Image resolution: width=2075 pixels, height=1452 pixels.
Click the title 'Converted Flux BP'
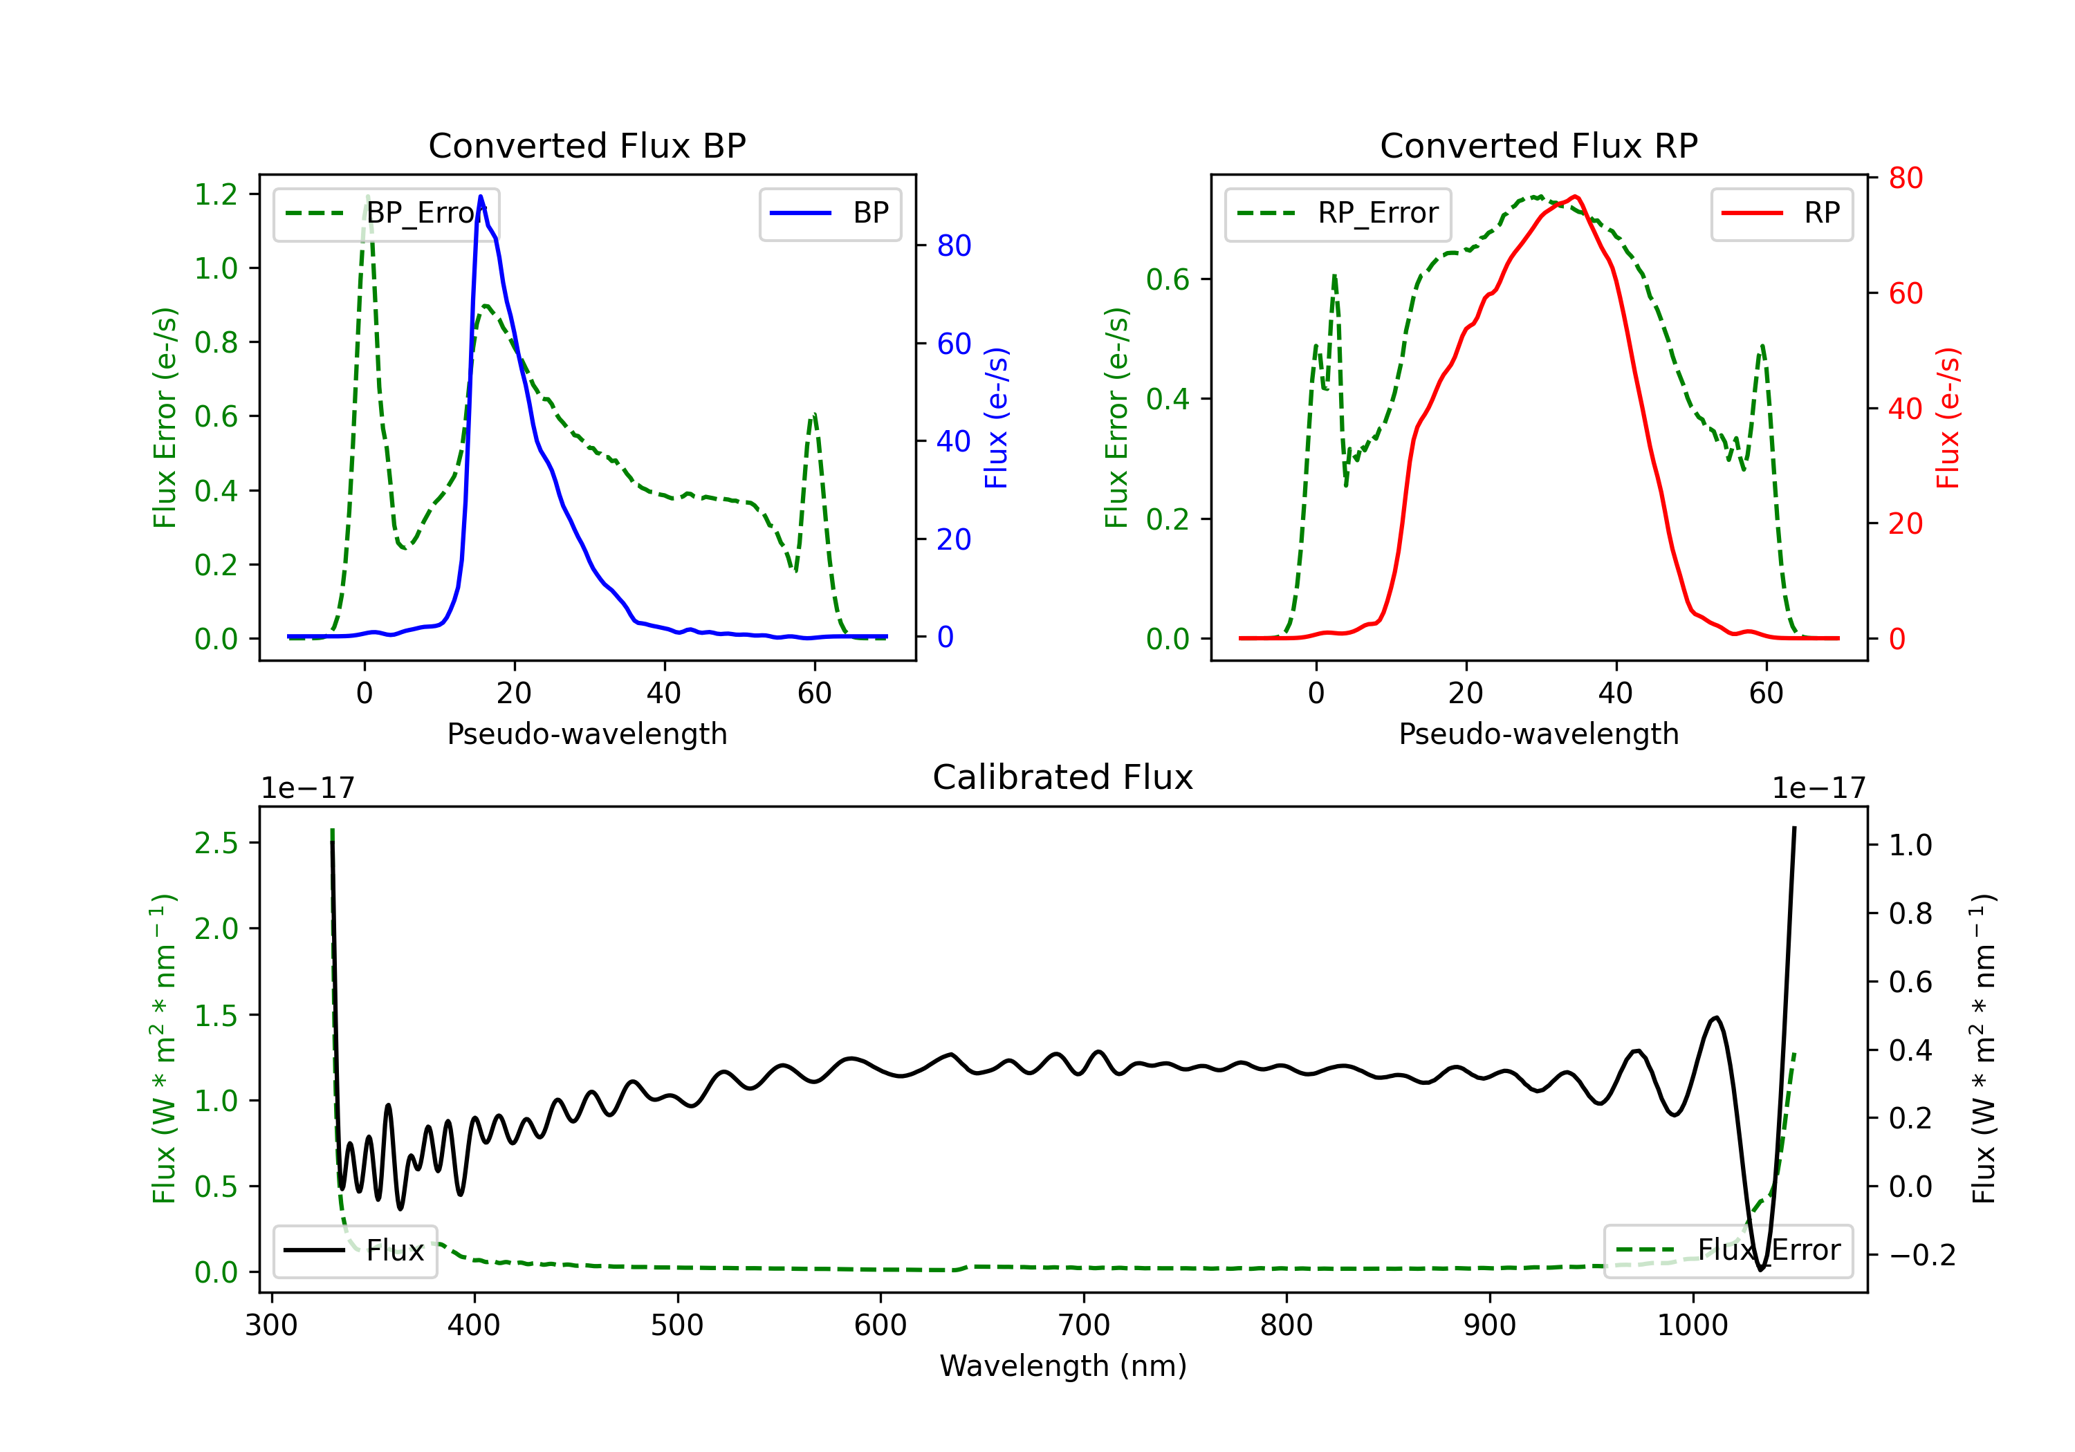(587, 145)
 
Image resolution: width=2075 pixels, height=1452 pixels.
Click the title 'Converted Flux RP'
(1539, 145)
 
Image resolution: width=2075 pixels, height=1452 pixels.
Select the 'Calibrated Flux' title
(1063, 777)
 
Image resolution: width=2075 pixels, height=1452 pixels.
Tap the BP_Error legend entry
(386, 213)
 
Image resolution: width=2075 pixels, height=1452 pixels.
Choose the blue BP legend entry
(829, 213)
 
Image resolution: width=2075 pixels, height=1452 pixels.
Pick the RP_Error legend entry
(1338, 213)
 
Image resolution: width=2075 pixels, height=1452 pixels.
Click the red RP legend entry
(1781, 213)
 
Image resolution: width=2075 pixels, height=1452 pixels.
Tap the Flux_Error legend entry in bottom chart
(1728, 1251)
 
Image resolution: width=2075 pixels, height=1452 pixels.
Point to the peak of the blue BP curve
(481, 196)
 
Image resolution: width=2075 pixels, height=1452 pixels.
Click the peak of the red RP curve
(1575, 196)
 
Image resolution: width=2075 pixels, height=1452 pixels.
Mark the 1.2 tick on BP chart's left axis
(216, 194)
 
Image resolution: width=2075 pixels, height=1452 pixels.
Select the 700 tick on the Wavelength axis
(1084, 1325)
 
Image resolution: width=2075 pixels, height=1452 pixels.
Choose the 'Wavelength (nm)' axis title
(1063, 1366)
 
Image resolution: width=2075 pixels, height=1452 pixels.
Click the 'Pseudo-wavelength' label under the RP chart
(1539, 734)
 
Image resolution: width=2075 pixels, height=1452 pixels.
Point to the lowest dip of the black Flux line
(1760, 1269)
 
